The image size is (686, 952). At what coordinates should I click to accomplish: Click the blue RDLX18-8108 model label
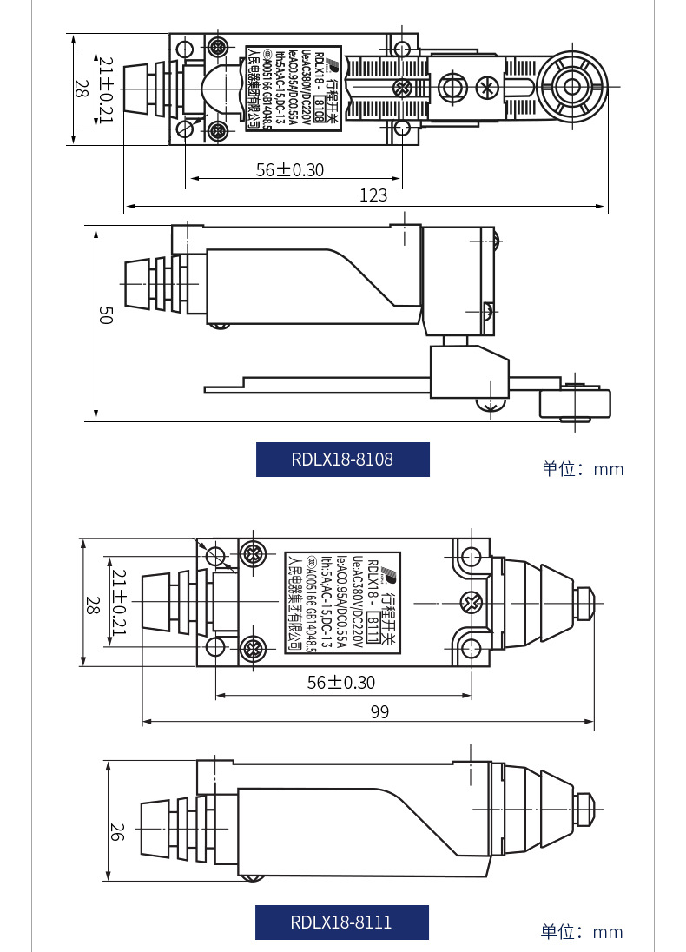(x=342, y=459)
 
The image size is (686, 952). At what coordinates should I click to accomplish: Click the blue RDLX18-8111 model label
(x=341, y=922)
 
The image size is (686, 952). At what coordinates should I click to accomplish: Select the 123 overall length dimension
(x=373, y=195)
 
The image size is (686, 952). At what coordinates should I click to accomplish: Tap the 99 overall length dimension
(x=379, y=711)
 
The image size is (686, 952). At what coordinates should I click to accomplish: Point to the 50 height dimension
(x=105, y=317)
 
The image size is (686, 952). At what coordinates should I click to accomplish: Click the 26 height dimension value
(x=117, y=831)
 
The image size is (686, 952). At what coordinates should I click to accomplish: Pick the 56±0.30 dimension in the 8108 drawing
(x=289, y=169)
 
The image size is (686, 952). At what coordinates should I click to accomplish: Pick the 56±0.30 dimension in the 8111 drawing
(x=341, y=683)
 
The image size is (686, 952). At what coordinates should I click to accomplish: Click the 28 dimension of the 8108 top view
(x=81, y=89)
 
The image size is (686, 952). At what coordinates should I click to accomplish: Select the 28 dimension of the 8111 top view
(x=91, y=605)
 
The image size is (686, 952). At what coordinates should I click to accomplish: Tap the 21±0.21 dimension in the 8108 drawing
(x=106, y=90)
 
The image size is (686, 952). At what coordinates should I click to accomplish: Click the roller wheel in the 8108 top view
(x=572, y=87)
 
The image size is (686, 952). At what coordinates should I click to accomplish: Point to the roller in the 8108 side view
(x=576, y=405)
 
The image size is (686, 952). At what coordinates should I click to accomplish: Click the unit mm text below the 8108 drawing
(x=583, y=469)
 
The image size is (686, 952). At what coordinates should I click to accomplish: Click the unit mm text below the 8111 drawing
(x=582, y=932)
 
